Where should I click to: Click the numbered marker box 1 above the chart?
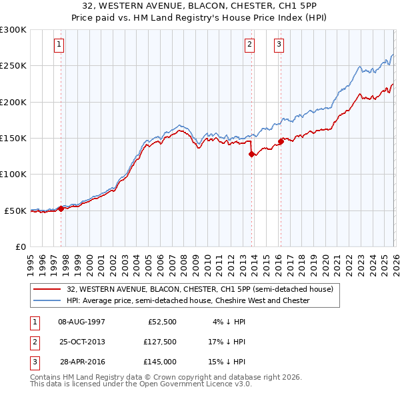pos(59,45)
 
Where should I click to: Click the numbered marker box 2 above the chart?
pos(249,45)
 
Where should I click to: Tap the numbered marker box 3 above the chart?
pos(279,45)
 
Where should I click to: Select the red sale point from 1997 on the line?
pos(61,208)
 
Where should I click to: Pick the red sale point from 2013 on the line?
pos(251,155)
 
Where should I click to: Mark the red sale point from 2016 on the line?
pos(281,141)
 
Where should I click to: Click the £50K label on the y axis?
pos(15,210)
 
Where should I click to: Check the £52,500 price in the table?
pos(161,322)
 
